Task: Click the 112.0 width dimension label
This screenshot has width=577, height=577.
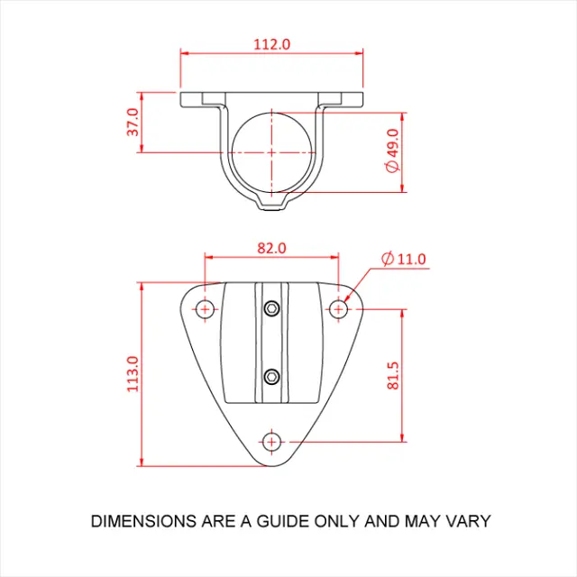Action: [272, 43]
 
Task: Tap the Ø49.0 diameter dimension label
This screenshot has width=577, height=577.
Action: [390, 151]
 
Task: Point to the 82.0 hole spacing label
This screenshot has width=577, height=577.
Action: [271, 247]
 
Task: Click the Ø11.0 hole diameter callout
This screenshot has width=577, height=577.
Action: [403, 260]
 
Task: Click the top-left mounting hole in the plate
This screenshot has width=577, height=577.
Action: [206, 309]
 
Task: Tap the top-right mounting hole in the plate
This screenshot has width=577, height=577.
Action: [339, 309]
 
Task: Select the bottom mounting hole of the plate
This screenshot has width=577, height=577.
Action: [271, 441]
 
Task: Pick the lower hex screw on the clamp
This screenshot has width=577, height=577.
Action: [271, 374]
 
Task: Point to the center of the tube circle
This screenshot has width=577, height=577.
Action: [271, 152]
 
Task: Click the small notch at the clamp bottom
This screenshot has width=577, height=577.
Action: [272, 204]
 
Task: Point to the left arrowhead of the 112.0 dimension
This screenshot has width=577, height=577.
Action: [184, 53]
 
